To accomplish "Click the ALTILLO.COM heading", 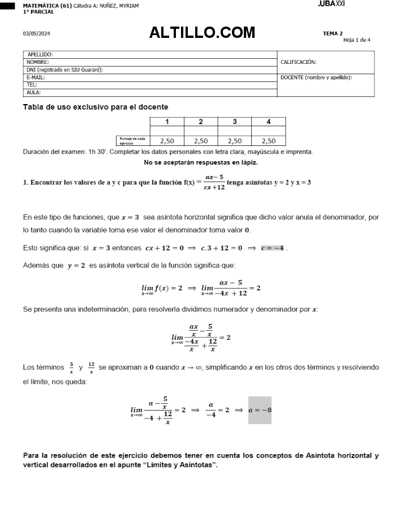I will (x=202, y=33).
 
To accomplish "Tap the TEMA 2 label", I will (x=333, y=33).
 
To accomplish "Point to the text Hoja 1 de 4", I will (x=356, y=40).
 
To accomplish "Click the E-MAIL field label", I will (x=36, y=77).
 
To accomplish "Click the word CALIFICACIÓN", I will (x=298, y=62).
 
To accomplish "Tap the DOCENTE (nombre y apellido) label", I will (x=316, y=77).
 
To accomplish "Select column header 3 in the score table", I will (x=235, y=122).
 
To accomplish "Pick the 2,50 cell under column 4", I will (x=269, y=141).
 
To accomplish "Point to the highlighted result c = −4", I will (x=273, y=248).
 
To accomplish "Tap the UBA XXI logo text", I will (x=332, y=4).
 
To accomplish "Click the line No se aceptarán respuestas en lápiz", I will (x=201, y=163).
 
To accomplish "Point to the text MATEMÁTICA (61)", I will (x=47, y=6).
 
